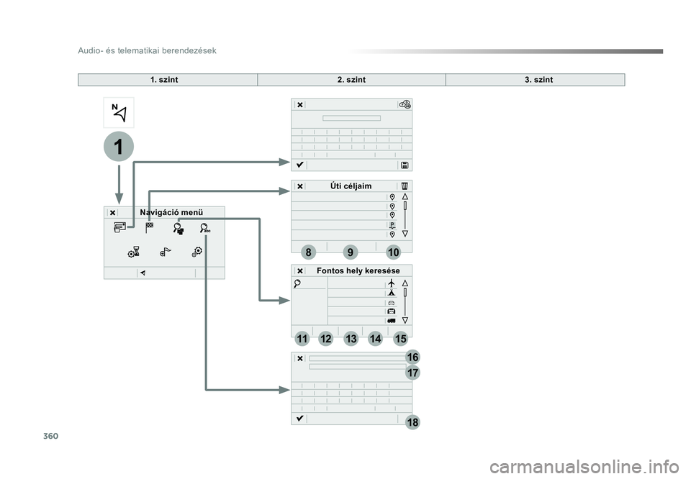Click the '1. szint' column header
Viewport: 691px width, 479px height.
[164, 80]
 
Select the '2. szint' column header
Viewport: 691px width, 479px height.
[351, 80]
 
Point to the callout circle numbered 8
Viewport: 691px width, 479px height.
[308, 252]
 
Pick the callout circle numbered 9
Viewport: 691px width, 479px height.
[350, 252]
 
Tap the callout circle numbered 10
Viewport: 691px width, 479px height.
[392, 252]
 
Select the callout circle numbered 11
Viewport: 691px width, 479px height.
[302, 338]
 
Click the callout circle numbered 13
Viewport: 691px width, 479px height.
[351, 338]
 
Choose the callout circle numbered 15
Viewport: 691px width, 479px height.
[400, 338]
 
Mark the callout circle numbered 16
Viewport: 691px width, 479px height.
[412, 357]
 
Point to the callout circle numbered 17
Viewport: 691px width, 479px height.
[412, 373]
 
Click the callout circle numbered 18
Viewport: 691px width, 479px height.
[412, 422]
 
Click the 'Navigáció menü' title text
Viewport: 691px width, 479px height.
[171, 212]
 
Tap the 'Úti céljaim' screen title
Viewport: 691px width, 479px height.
[351, 186]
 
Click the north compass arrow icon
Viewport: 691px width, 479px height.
[119, 113]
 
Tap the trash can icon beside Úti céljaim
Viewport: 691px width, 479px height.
[405, 186]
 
